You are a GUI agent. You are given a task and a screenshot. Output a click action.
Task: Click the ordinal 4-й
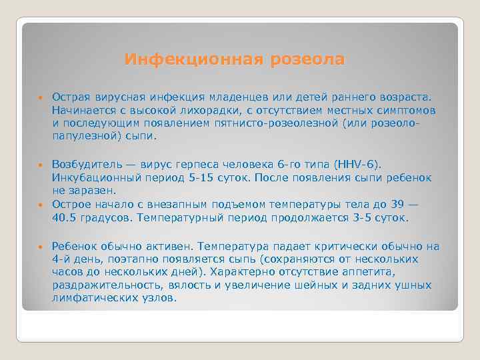61,259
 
